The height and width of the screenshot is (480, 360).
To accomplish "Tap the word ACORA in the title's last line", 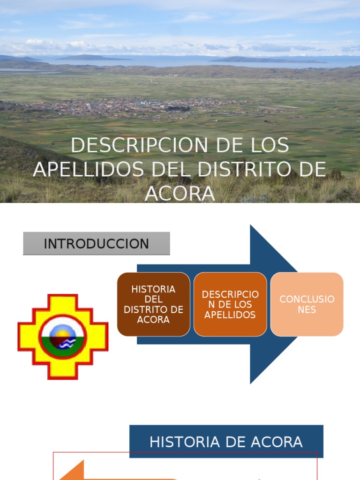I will pyautogui.click(x=180, y=193).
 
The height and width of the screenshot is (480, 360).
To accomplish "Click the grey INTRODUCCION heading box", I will pyautogui.click(x=96, y=244).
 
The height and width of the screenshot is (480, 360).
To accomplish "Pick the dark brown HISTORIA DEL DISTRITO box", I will pyautogui.click(x=153, y=304).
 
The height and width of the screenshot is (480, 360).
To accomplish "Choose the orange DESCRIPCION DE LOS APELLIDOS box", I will pyautogui.click(x=230, y=304).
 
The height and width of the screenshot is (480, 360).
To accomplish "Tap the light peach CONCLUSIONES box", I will pyautogui.click(x=307, y=304).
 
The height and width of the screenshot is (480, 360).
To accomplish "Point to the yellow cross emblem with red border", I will pyautogui.click(x=63, y=337).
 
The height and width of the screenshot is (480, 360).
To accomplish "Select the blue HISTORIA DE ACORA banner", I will pyautogui.click(x=226, y=442).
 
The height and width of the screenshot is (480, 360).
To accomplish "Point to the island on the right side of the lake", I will pyautogui.click(x=267, y=60).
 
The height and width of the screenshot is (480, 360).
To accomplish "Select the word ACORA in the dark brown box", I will pyautogui.click(x=153, y=320).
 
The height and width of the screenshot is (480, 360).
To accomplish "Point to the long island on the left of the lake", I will pyautogui.click(x=94, y=58).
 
